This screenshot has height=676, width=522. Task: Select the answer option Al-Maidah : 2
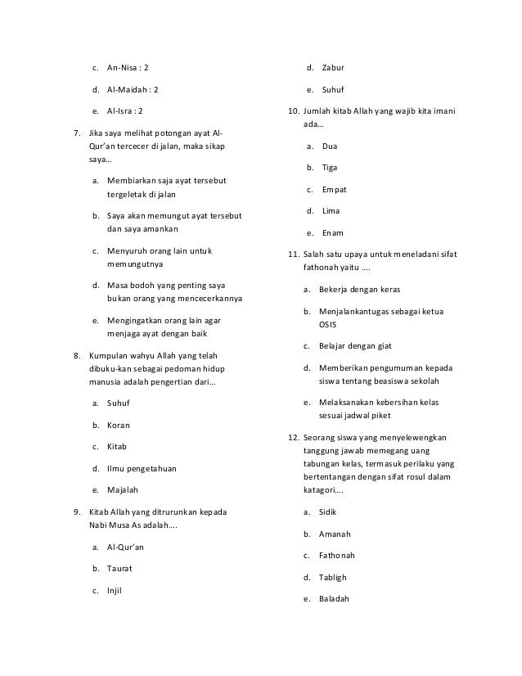pos(133,88)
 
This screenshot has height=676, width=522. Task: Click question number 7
pos(77,133)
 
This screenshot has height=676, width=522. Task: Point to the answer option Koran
pos(119,426)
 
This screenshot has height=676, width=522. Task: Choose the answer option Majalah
pos(123,490)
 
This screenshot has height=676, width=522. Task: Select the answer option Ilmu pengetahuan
pos(142,469)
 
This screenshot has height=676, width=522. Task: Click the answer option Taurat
pos(119,567)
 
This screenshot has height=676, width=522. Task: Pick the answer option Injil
pos(115,589)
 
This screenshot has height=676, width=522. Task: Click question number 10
pos(293,110)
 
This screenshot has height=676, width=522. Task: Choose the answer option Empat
pos(334,189)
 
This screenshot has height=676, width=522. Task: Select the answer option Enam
pos(333,232)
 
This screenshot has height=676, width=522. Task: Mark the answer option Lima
pos(331,211)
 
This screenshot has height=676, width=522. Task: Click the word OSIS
pos(327,324)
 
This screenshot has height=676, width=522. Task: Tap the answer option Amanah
pos(336,534)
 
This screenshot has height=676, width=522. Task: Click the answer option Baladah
pos(336,598)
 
